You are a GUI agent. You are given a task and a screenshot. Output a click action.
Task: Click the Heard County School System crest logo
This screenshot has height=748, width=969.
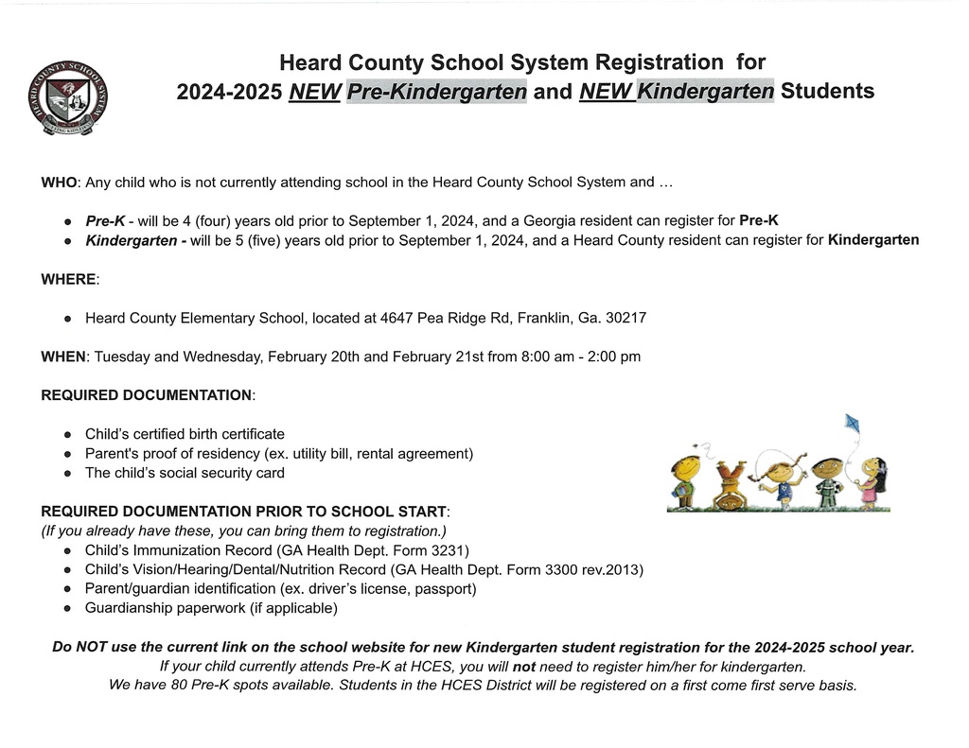pos(67,97)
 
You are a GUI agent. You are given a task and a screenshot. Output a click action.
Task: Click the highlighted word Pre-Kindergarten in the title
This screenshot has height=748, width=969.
pos(436,92)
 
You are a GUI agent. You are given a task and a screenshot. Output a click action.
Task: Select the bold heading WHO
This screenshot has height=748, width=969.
pos(58,182)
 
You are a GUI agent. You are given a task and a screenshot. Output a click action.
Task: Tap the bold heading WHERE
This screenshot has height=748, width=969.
pos(69,279)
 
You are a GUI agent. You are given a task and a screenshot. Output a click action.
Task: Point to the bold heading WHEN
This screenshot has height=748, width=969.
pos(62,357)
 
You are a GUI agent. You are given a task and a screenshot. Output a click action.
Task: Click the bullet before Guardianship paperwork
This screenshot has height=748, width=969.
pos(68,608)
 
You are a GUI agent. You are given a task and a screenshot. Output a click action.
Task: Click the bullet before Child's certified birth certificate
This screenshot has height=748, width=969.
pos(68,434)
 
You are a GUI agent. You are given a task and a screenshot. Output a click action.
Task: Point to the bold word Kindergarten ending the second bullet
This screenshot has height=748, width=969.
pos(872,240)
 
